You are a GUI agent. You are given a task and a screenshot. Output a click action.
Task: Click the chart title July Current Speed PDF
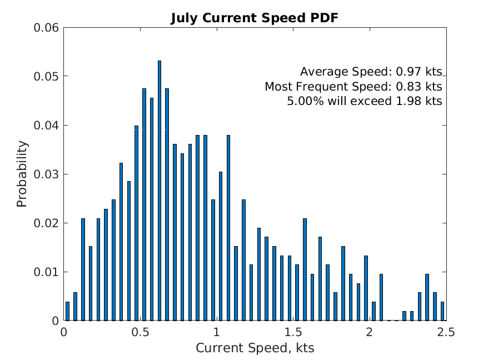coord(254,18)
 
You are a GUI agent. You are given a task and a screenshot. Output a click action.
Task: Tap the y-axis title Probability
coord(22,174)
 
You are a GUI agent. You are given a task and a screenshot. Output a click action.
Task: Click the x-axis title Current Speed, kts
coord(255,348)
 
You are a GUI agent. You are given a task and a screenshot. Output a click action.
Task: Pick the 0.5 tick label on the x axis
coord(140,332)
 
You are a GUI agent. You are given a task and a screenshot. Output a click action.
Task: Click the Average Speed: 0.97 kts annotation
coord(371,72)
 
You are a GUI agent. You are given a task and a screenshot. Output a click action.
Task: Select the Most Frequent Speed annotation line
coord(353,87)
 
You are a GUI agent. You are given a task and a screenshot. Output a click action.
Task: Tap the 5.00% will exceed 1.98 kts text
coord(364,102)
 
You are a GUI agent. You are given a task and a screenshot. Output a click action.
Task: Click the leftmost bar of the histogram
coord(67,312)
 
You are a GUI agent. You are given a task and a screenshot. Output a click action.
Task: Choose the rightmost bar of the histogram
coord(442,312)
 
